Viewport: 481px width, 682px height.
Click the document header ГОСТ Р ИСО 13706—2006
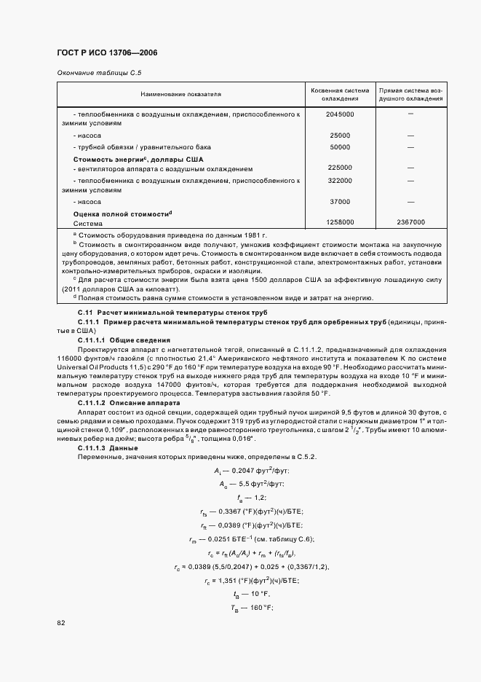click(x=107, y=53)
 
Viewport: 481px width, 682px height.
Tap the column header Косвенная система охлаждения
click(x=340, y=94)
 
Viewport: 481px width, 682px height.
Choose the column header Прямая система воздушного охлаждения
click(x=410, y=94)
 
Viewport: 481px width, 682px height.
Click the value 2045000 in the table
click(x=340, y=114)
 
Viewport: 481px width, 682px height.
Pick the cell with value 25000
click(x=340, y=136)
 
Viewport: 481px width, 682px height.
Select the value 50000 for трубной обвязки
click(x=340, y=146)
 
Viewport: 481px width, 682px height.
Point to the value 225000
click(x=340, y=168)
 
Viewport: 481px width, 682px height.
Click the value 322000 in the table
click(x=340, y=180)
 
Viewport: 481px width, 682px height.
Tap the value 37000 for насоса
click(x=340, y=201)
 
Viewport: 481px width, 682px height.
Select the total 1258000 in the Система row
click(x=340, y=222)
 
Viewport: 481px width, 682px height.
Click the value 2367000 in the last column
click(x=410, y=222)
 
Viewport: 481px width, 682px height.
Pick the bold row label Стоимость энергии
click(x=138, y=158)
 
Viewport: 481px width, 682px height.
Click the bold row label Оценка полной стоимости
click(x=123, y=213)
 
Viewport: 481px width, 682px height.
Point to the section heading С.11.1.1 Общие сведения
click(x=124, y=340)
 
